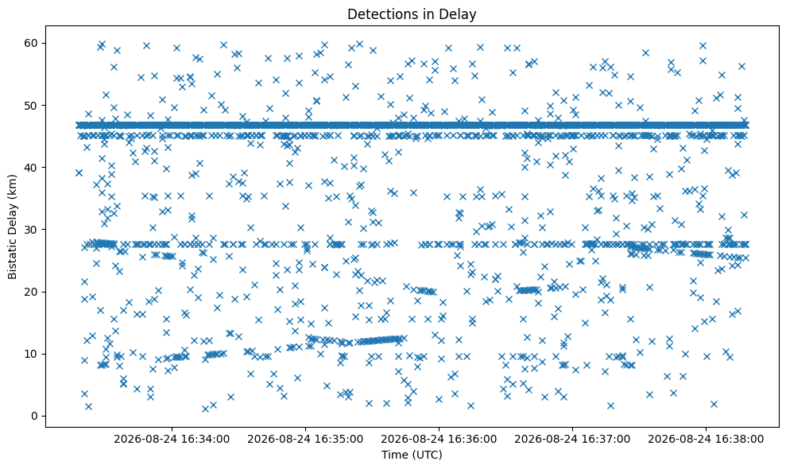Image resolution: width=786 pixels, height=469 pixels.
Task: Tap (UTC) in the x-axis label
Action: coord(428,455)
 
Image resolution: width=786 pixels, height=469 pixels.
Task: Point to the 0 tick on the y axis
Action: coord(35,416)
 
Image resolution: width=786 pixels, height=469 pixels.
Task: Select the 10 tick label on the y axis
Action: coord(32,354)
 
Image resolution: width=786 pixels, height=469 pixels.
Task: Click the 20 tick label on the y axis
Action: coord(32,292)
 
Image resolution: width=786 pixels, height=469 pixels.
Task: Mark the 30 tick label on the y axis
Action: coord(32,229)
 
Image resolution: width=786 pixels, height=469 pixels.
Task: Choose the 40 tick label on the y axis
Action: coord(32,167)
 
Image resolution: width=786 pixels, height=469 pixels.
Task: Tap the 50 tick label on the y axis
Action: coord(32,106)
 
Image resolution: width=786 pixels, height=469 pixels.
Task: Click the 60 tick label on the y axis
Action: coord(32,43)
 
